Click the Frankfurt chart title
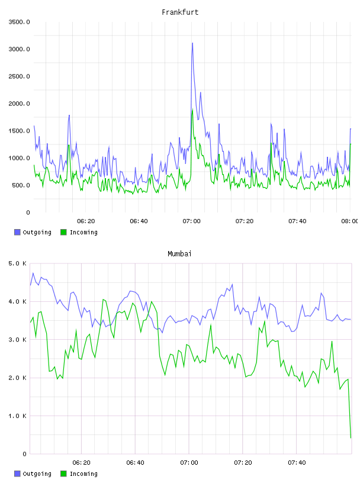tap(180, 12)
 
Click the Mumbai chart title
tap(179, 254)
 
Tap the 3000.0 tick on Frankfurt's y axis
tap(19, 49)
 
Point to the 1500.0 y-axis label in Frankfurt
tap(19, 131)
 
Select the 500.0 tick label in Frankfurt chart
tap(21, 185)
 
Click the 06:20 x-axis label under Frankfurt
tap(86, 221)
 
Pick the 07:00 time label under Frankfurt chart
tap(191, 221)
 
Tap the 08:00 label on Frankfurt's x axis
tap(350, 221)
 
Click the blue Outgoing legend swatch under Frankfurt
tap(17, 232)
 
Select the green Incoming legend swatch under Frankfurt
tap(63, 232)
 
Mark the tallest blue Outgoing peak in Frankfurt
tap(192, 43)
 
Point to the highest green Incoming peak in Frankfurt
tap(192, 110)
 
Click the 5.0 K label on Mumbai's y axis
tap(18, 263)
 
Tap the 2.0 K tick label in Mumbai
tap(18, 378)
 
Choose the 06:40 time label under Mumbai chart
tap(135, 463)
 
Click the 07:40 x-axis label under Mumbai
tap(297, 463)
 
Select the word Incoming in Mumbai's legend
tap(83, 474)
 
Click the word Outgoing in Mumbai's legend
tap(37, 474)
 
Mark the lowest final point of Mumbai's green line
tap(351, 438)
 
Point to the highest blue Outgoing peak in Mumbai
tap(33, 273)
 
